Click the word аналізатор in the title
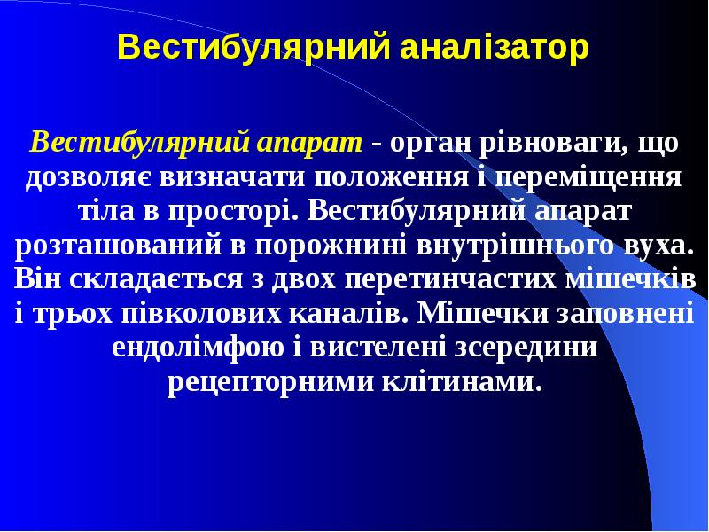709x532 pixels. pos(493,46)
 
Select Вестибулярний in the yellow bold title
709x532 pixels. pos(254,46)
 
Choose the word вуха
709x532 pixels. pos(655,246)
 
